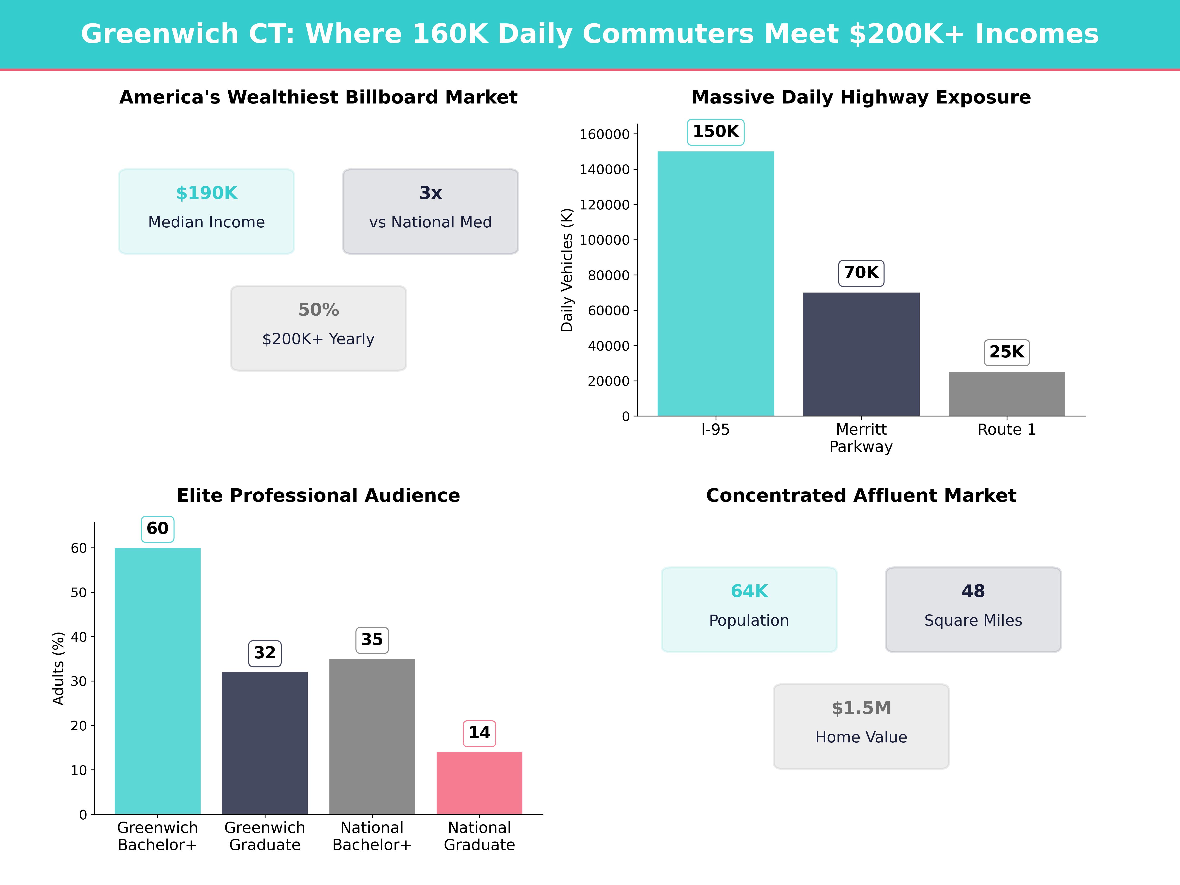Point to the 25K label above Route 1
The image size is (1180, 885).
pos(1007,352)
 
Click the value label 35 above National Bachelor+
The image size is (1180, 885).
pos(372,640)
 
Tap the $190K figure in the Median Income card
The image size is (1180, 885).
pos(206,193)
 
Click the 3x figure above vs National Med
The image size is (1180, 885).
pos(430,193)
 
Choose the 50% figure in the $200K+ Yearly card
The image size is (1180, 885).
pos(318,310)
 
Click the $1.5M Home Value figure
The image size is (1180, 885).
pos(861,708)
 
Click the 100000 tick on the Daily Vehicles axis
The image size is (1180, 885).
pos(605,240)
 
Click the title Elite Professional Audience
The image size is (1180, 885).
pos(318,496)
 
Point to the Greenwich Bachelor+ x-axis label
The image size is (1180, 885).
pos(157,836)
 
